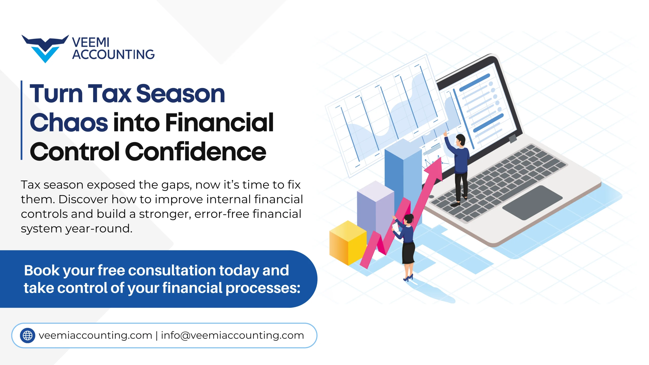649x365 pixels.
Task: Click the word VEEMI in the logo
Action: (91, 42)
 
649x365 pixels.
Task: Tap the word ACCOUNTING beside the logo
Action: (113, 54)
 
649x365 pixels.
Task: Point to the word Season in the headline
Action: (181, 94)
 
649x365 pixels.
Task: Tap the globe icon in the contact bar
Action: (28, 335)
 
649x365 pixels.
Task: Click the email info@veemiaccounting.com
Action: (232, 335)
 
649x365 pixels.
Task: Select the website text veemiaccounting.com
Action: (95, 335)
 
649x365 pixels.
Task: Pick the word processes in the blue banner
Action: (263, 288)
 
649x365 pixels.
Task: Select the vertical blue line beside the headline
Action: (22, 120)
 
